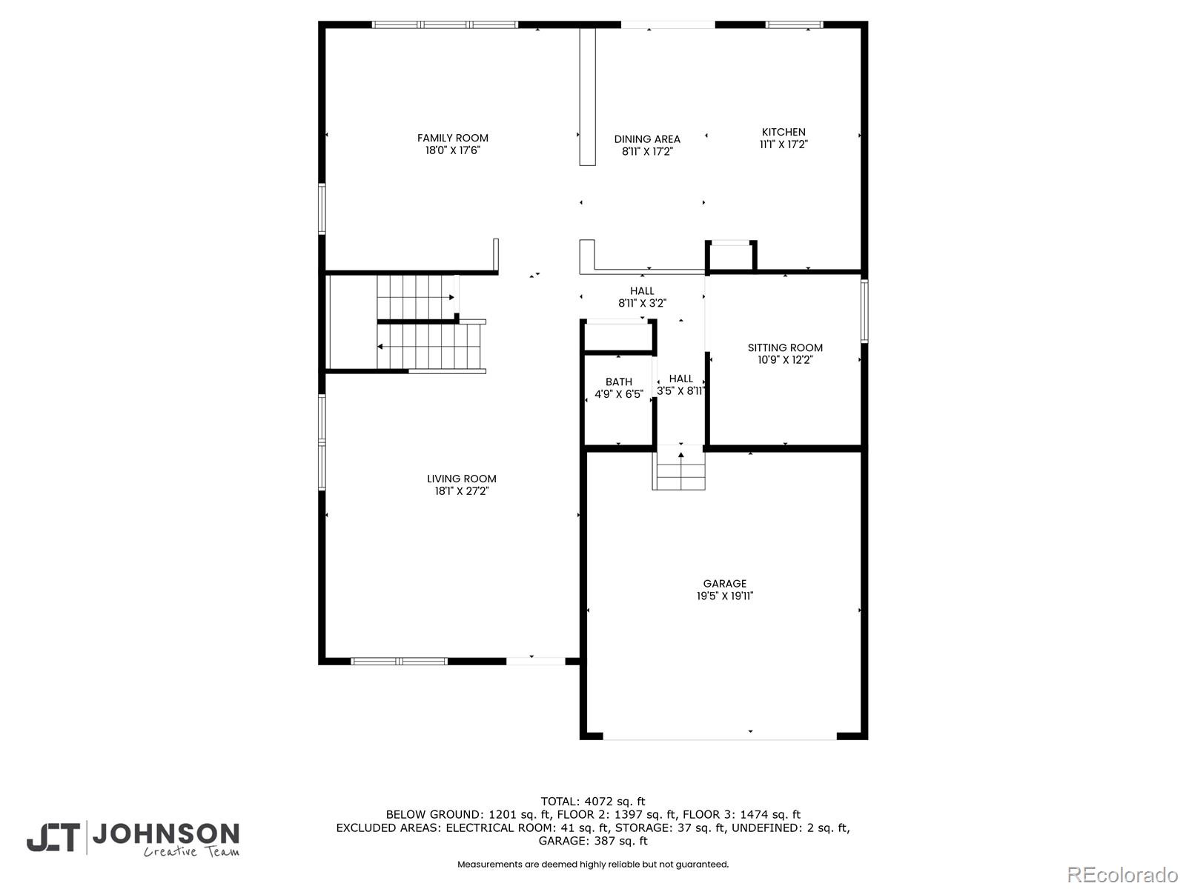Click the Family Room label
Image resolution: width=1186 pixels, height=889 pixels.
pyautogui.click(x=452, y=138)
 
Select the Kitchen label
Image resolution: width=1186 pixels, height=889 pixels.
pyautogui.click(x=784, y=132)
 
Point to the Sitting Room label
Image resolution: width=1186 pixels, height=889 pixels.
pyautogui.click(x=785, y=347)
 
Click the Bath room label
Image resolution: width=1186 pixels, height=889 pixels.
pyautogui.click(x=618, y=382)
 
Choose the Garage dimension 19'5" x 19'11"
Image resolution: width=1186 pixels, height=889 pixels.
pyautogui.click(x=724, y=596)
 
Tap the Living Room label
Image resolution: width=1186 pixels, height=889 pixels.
pyautogui.click(x=461, y=479)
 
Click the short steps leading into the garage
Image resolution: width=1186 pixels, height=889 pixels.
pyautogui.click(x=679, y=470)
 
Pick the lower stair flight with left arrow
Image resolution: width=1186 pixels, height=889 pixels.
pyautogui.click(x=430, y=347)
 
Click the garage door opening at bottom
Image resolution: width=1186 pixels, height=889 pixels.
pyautogui.click(x=720, y=737)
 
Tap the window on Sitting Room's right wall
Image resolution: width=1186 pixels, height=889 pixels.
pyautogui.click(x=864, y=310)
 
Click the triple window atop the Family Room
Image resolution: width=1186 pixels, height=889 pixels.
pyautogui.click(x=445, y=24)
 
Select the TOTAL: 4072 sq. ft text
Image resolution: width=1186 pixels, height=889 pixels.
pyautogui.click(x=592, y=801)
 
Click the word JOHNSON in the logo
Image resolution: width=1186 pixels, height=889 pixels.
pyautogui.click(x=165, y=834)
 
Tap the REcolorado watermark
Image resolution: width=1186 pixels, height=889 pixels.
pyautogui.click(x=1122, y=874)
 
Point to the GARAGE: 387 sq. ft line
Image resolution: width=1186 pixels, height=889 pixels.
pyautogui.click(x=592, y=841)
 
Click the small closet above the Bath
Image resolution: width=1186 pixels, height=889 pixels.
pyautogui.click(x=618, y=337)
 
